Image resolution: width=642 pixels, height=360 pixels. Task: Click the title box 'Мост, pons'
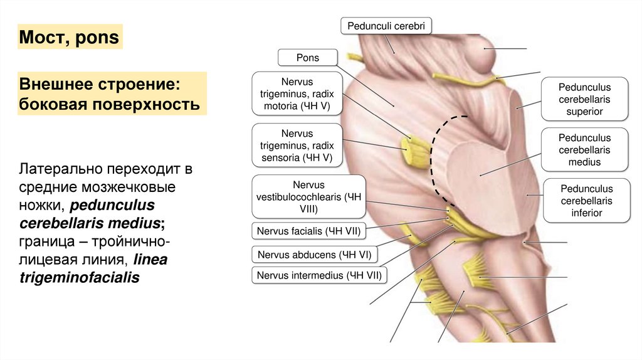pyautogui.click(x=68, y=38)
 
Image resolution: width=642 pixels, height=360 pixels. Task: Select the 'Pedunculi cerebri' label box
pyautogui.click(x=386, y=26)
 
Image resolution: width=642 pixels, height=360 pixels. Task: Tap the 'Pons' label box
pyautogui.click(x=308, y=58)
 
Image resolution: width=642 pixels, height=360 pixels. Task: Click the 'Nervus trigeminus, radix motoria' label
pyautogui.click(x=297, y=93)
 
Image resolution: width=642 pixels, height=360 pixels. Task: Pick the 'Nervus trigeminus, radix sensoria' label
pyautogui.click(x=297, y=146)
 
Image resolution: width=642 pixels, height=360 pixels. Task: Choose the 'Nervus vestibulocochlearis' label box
pyautogui.click(x=308, y=197)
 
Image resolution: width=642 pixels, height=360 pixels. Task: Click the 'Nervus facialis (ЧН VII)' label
pyautogui.click(x=308, y=231)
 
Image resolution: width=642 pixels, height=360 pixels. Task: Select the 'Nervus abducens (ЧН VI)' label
pyautogui.click(x=312, y=255)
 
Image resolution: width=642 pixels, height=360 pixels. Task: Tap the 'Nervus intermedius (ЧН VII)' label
pyautogui.click(x=318, y=275)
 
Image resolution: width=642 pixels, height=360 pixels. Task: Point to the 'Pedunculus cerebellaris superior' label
pyautogui.click(x=585, y=99)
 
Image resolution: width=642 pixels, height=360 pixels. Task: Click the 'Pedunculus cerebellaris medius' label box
pyautogui.click(x=585, y=149)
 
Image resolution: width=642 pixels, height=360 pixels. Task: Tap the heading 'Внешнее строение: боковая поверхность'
pyautogui.click(x=111, y=93)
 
